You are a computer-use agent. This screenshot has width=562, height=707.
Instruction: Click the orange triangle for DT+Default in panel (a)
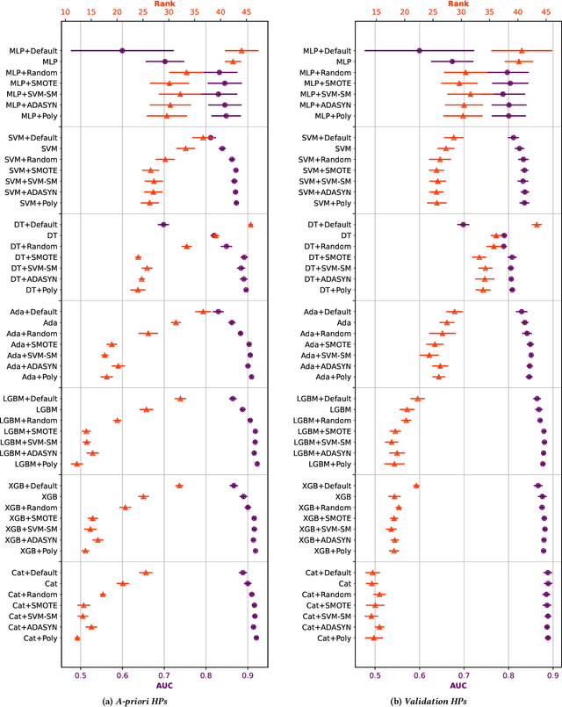pos(250,225)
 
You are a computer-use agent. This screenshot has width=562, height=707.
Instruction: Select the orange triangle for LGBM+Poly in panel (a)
pos(76,464)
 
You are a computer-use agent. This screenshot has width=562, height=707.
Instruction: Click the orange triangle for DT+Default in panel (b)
pos(537,225)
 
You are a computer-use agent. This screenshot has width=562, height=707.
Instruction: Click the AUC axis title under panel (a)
pos(164,685)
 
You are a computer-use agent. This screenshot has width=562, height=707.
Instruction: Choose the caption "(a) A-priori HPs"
pos(162,700)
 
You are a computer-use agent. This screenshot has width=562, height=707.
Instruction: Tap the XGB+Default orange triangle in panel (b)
pos(416,486)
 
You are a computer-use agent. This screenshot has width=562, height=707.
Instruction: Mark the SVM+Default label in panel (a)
pos(36,138)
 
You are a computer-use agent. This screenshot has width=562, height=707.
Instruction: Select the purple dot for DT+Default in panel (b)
pos(463,225)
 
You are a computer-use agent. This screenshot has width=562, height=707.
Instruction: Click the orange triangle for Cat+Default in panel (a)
pos(146,573)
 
